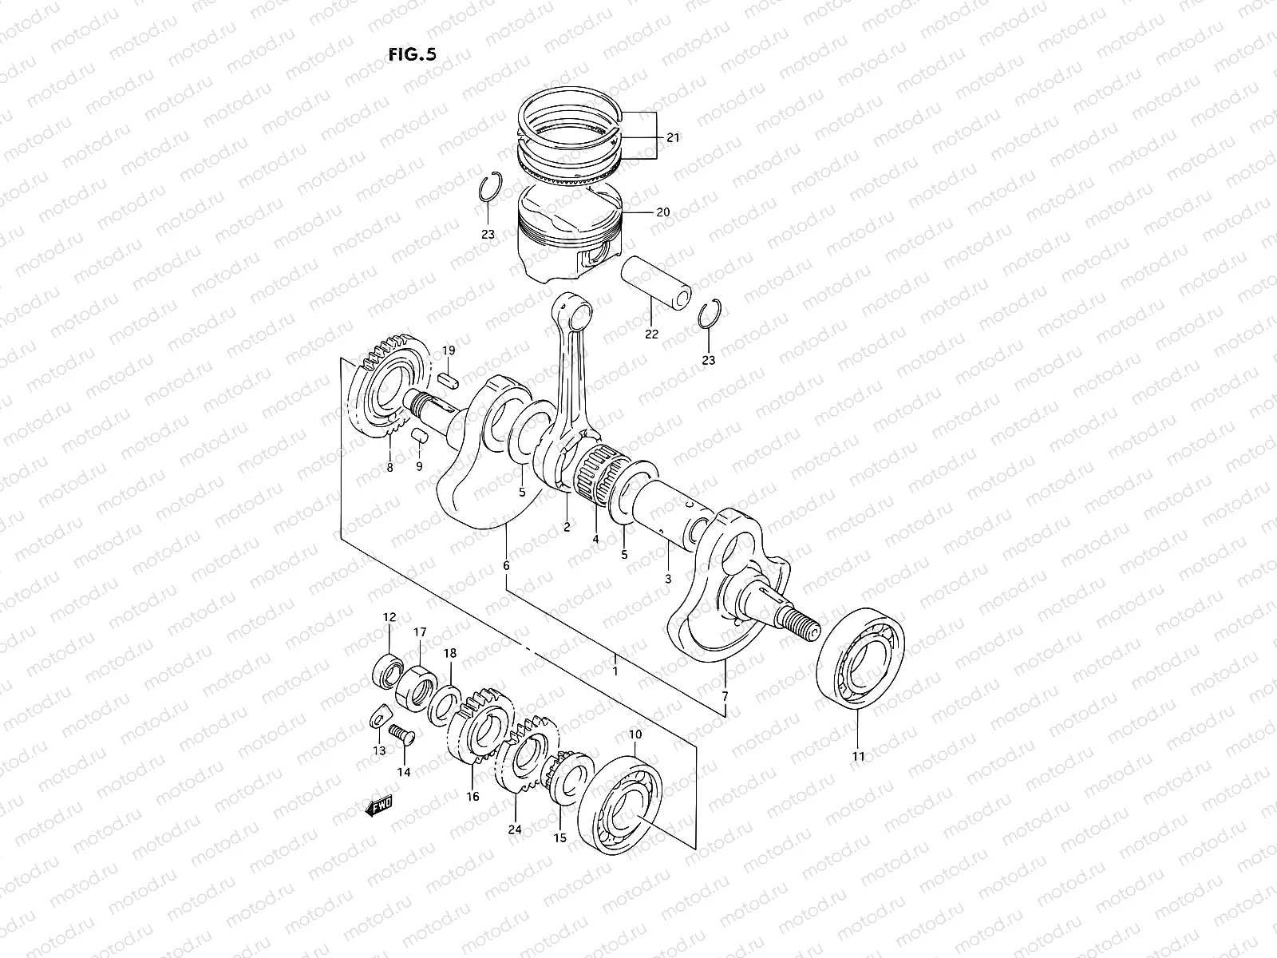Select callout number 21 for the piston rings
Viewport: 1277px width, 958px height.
(673, 138)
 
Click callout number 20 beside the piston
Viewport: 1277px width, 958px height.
(662, 213)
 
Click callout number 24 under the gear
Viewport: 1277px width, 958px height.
(515, 829)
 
